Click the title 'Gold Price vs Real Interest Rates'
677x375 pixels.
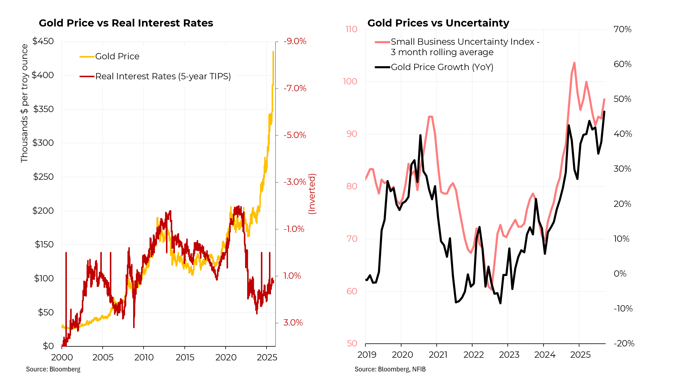[x=126, y=23]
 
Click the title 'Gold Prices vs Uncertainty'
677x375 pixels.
[x=438, y=23]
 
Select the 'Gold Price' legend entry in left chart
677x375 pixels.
[x=117, y=56]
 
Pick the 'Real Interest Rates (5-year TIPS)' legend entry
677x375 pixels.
[x=163, y=76]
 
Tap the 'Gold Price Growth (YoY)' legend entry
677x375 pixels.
[x=442, y=67]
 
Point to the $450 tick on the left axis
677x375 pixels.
[x=43, y=41]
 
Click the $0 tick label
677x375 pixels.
[x=48, y=346]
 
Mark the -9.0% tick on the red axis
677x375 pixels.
[x=295, y=41]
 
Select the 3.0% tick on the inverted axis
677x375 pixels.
[x=293, y=323]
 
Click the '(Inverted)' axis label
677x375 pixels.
[x=312, y=194]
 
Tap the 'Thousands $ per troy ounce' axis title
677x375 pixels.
[x=24, y=103]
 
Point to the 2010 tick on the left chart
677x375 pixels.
[x=144, y=357]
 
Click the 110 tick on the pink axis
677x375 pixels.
[x=351, y=29]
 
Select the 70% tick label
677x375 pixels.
[x=622, y=29]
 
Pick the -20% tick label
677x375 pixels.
[x=624, y=343]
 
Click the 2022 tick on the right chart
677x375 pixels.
[x=473, y=355]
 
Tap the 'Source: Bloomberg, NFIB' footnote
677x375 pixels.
[x=390, y=369]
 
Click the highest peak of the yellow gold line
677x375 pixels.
[x=273, y=52]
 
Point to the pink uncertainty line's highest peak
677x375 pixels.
[x=574, y=63]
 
